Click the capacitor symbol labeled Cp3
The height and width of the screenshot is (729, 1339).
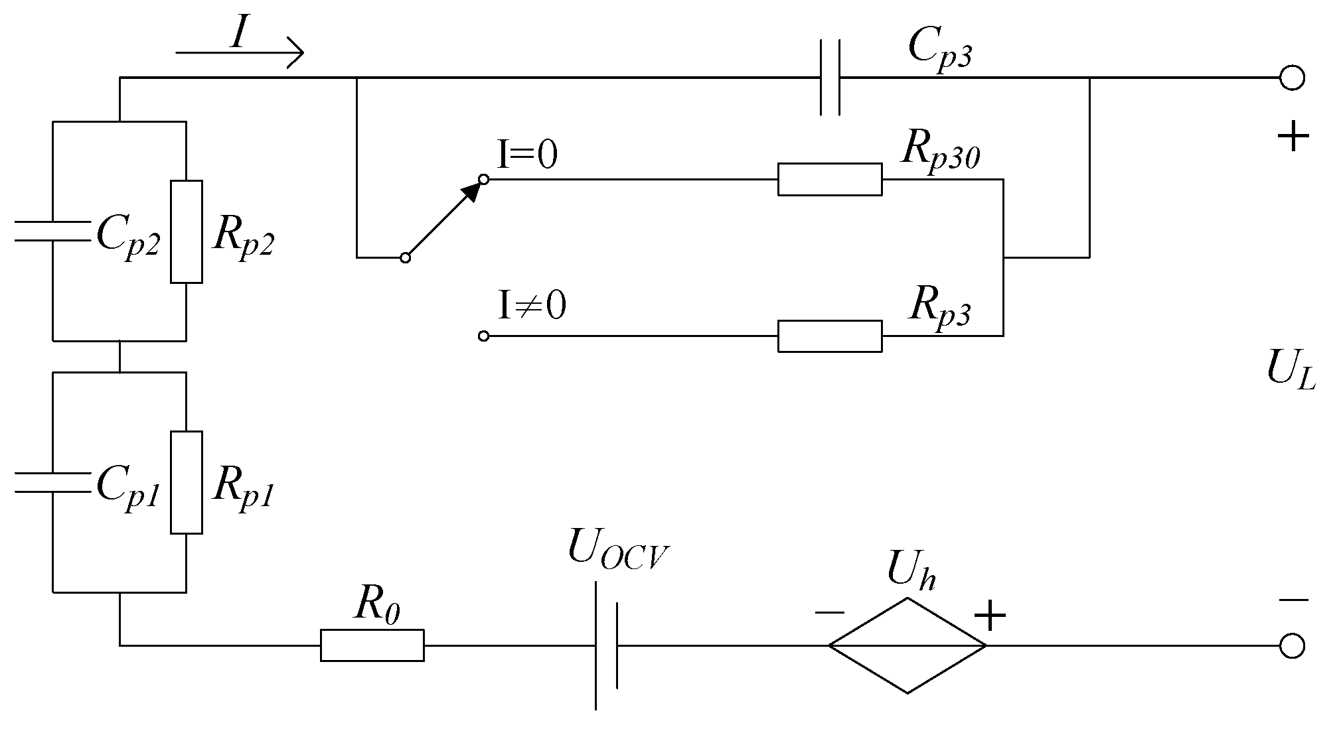[830, 78]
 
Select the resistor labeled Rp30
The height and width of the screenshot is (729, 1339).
[830, 179]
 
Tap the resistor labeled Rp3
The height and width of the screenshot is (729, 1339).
[830, 336]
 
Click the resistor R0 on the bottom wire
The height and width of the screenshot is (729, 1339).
[372, 645]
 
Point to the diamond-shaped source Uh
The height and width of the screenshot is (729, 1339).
[907, 645]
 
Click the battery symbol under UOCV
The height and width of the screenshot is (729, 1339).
[606, 645]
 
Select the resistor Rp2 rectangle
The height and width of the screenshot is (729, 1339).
[186, 232]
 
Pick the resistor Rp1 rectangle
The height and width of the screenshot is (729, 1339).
[186, 482]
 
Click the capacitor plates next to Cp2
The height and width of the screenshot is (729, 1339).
[52, 230]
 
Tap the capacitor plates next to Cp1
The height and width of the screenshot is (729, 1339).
[52, 482]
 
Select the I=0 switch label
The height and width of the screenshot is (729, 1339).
[527, 155]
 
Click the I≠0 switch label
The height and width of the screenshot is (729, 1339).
[531, 306]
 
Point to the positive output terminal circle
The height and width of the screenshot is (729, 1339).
[1292, 78]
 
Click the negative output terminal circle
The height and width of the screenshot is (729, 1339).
[1292, 645]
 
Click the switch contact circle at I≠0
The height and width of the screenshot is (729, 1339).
[484, 336]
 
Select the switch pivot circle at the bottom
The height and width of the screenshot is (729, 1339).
[405, 257]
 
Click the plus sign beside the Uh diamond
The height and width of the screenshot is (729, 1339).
[990, 616]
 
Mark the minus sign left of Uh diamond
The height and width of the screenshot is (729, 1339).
[829, 612]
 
